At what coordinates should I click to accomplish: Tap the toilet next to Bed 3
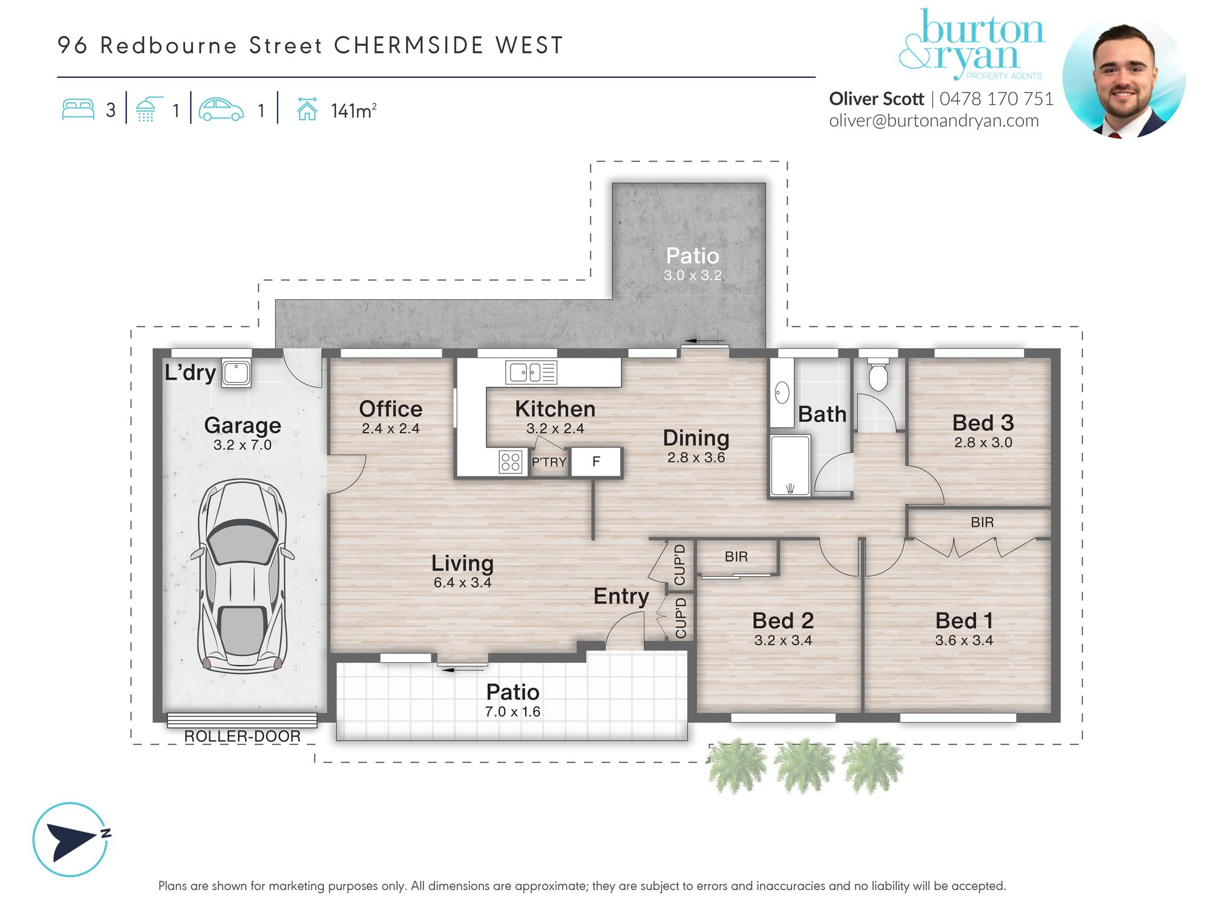(878, 375)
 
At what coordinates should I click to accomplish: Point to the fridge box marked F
(596, 462)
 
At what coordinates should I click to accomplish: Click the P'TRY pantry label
(549, 463)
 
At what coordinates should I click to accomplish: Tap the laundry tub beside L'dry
(236, 373)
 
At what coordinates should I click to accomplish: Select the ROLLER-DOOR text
(242, 736)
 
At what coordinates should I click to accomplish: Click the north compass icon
(71, 839)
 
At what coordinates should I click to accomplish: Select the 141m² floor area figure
(353, 111)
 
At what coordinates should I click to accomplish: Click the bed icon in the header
(79, 109)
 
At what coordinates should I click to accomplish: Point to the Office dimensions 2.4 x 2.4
(390, 429)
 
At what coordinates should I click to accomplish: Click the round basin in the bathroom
(782, 392)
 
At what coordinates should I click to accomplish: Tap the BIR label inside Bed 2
(736, 556)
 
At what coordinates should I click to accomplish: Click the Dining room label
(696, 438)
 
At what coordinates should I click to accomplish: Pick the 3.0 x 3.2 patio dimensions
(692, 276)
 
